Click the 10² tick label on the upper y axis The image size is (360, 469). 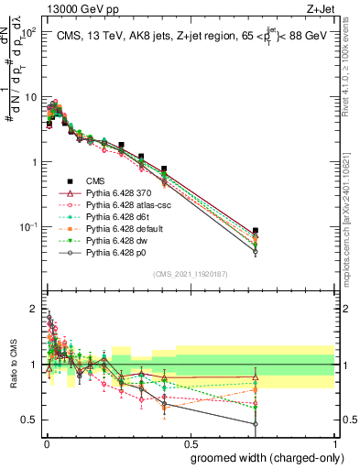tap(28, 32)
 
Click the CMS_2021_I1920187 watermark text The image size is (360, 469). tap(189, 274)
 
